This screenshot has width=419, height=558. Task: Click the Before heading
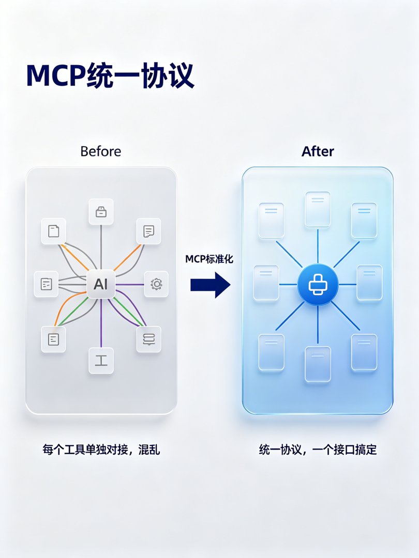pos(101,151)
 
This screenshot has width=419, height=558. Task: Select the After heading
pos(318,151)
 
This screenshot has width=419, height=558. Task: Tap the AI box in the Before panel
pos(101,284)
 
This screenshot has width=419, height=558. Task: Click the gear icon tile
pos(156,284)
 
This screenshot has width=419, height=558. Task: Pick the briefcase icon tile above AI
pos(101,212)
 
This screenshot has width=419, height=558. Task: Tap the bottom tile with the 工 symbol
pos(101,361)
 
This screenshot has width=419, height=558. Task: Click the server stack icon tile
pos(148,339)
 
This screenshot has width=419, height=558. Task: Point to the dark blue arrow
pos(210,285)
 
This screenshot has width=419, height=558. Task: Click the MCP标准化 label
pos(209,259)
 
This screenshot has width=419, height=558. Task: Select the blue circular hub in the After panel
pos(318,285)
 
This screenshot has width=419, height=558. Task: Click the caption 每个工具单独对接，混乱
pos(101,450)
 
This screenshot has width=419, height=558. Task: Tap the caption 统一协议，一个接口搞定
pos(318,450)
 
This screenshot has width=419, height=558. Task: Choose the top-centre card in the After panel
pos(318,209)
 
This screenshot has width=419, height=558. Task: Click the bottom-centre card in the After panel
pos(318,364)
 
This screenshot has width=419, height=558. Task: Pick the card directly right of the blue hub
pos(369,283)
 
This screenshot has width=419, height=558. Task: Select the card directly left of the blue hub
pos(266,283)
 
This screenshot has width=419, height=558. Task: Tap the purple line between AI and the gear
pos(130,284)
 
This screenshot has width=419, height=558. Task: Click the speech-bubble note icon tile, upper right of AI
pos(148,231)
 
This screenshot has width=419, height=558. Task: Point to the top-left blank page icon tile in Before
pos(53,231)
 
